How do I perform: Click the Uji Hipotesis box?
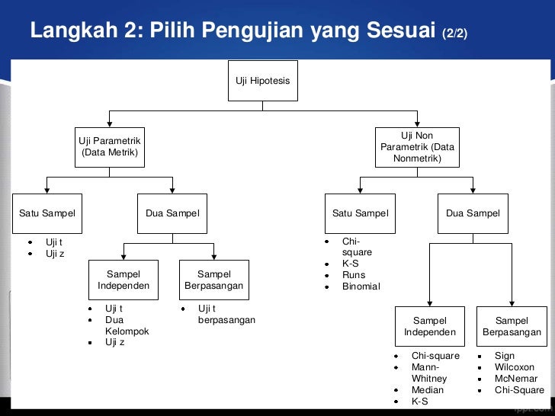[263, 80]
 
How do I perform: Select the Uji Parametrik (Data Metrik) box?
[110, 146]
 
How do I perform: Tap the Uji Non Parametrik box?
[417, 147]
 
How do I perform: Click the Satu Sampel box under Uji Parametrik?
[47, 213]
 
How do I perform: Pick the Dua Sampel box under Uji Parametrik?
[172, 213]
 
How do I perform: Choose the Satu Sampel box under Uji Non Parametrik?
[360, 213]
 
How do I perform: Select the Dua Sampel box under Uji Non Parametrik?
[473, 213]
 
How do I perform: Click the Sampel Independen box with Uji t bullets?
[124, 280]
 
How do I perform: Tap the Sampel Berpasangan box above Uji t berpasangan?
[213, 280]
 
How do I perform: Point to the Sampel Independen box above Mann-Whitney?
[430, 326]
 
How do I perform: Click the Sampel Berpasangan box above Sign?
[512, 326]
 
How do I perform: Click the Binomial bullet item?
[361, 286]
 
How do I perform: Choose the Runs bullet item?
[354, 275]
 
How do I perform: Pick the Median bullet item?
[428, 390]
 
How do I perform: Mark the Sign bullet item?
[505, 356]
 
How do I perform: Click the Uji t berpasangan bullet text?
[226, 314]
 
